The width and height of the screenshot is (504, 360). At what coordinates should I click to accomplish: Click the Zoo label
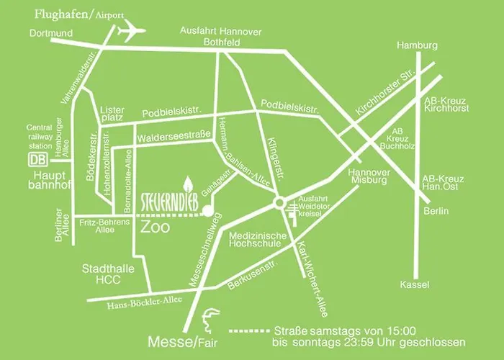point(155,228)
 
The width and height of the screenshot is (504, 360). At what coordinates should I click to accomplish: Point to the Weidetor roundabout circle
point(279,204)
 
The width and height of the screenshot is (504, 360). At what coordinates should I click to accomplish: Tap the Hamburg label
point(417,45)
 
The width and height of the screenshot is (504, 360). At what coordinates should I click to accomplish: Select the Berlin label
point(436,211)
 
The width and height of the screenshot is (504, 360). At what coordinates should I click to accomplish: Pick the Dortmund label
point(52,34)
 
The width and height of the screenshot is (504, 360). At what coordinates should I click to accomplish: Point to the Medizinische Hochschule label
point(258,240)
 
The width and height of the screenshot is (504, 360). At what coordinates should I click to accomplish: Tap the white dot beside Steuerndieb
point(207,212)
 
